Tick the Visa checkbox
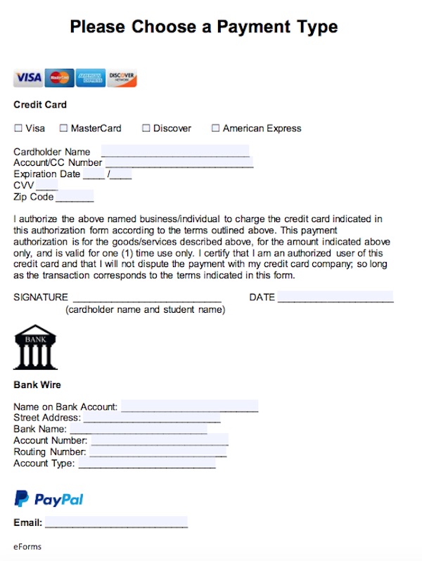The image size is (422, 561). pos(18,129)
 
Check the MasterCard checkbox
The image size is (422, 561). pos(63,129)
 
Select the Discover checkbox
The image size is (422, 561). pos(146,129)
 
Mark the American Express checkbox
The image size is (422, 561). pos(216,129)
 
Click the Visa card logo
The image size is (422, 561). pos(28,77)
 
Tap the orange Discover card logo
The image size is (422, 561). pos(122,77)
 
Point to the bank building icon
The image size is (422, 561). pos(35,347)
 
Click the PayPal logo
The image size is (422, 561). pos(49,499)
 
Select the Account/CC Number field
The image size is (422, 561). pos(179,163)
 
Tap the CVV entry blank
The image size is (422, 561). pos(46,186)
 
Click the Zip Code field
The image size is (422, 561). pos(75,197)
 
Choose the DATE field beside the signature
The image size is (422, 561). pos(335,297)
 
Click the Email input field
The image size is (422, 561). pos(116,522)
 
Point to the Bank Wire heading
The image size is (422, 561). pos(37,385)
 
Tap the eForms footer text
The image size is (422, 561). pos(26,546)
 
